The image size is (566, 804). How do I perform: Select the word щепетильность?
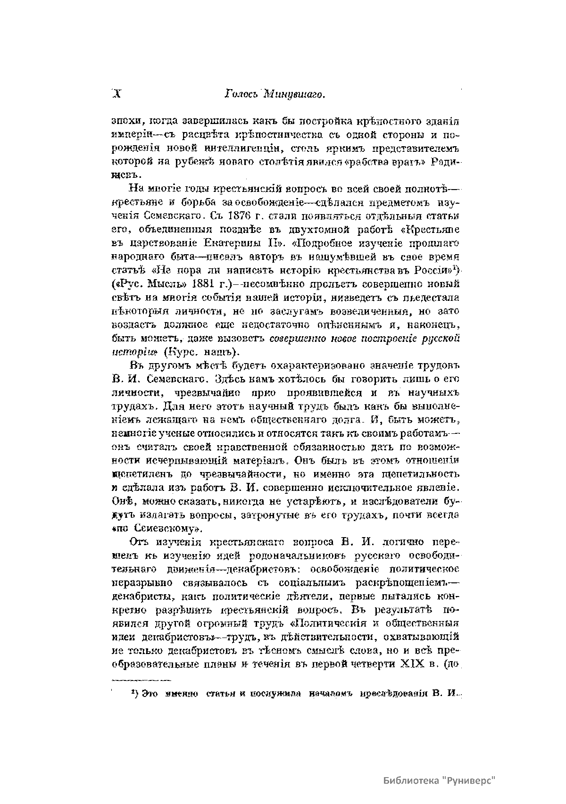coord(424,473)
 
